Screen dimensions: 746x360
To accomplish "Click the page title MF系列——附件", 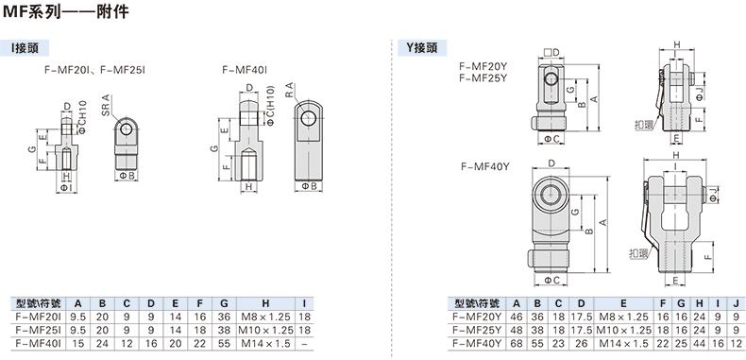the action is (66, 12).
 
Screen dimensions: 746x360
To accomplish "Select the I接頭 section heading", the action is (25, 48).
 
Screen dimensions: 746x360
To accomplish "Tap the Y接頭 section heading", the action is (421, 48).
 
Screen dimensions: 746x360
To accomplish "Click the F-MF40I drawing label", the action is (245, 70).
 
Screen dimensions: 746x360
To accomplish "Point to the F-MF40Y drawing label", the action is (485, 166).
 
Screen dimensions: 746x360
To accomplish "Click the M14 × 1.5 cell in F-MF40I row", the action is (265, 342).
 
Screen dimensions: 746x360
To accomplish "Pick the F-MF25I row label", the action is (39, 330).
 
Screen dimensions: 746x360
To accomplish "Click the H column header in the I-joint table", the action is (265, 303).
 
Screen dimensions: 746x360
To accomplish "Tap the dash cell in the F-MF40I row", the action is (303, 342).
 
